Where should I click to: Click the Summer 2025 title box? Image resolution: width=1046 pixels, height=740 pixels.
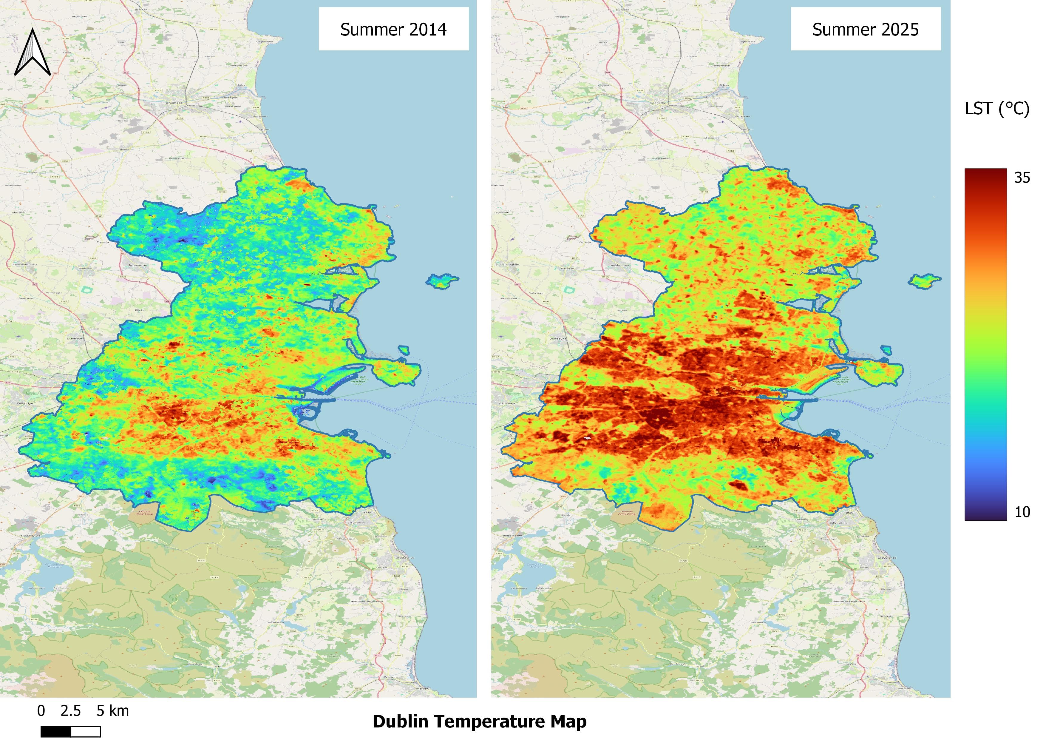tap(865, 29)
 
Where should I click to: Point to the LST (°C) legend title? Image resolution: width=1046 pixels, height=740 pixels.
tap(997, 108)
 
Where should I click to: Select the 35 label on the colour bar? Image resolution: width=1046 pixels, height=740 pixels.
tap(1022, 178)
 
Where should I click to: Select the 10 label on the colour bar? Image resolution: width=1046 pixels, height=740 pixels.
tap(1022, 512)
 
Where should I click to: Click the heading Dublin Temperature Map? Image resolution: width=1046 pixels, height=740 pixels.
tap(479, 721)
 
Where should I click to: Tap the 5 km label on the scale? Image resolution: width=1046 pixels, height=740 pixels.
tap(112, 710)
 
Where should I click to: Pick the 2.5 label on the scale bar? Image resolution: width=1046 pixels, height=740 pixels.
tap(71, 710)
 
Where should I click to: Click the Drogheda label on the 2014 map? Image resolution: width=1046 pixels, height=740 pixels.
tap(174, 103)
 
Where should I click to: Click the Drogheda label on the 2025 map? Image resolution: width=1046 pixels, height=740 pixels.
tap(656, 103)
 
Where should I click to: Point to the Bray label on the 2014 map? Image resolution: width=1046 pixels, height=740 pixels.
tap(367, 512)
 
